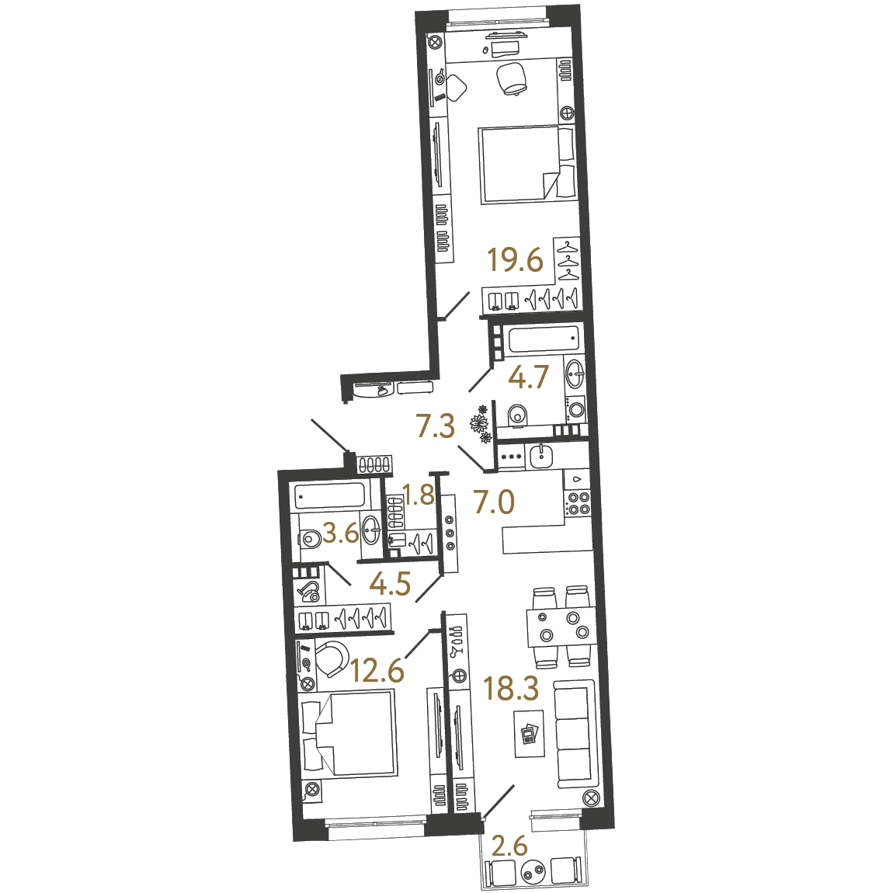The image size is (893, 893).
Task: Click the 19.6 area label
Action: coord(516,261)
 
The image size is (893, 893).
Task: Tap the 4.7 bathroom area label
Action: coord(529,377)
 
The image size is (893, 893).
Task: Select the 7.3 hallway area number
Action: coord(436,426)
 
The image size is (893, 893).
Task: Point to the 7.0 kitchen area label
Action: coord(494,502)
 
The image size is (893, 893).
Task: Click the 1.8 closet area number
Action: coord(419,495)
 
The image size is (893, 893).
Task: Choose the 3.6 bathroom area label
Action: coord(341,533)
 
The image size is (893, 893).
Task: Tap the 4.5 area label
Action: coord(390,584)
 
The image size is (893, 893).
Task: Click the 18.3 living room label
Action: coord(511,688)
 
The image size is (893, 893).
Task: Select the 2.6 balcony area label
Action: coord(509,846)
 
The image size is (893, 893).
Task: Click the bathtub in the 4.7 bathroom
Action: coord(544,340)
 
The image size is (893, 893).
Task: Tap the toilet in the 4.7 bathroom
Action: coord(517,415)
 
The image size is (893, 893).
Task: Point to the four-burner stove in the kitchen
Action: coord(578,503)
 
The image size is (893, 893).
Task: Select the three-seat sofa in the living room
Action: coord(575,734)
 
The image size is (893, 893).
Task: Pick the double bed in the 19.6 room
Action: coord(528,165)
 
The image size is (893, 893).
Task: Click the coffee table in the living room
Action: coord(529,734)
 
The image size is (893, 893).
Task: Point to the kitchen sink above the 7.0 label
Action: coord(540,456)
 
